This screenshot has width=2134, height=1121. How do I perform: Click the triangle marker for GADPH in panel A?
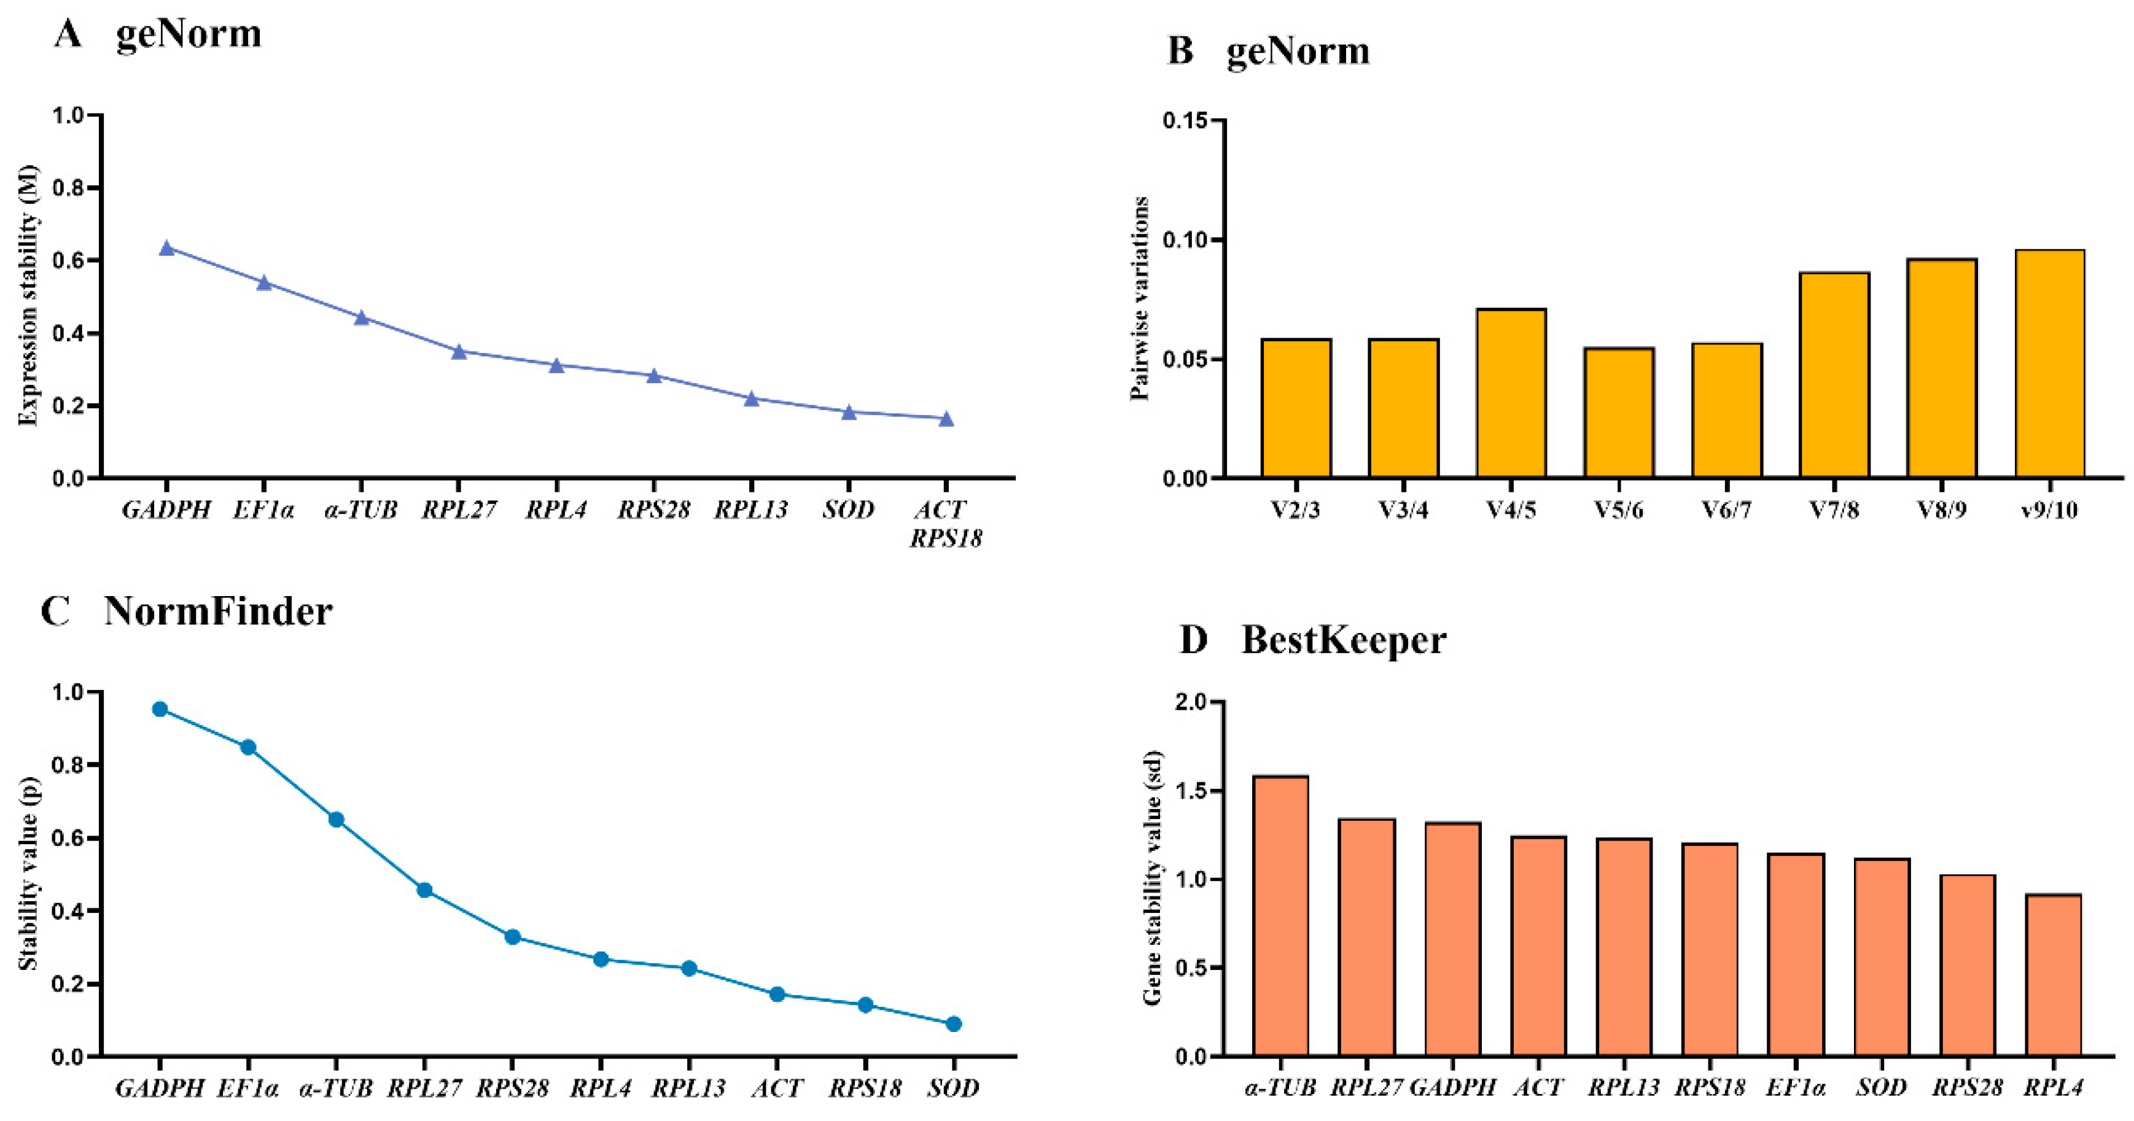[x=166, y=247]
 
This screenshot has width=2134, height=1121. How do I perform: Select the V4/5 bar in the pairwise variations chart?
[x=1511, y=394]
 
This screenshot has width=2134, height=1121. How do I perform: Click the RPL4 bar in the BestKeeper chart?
[x=2053, y=976]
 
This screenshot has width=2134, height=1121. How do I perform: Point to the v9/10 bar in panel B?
[x=2049, y=364]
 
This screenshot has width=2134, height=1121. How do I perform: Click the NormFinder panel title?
[x=218, y=612]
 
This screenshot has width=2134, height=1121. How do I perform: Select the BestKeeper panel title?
[x=1343, y=640]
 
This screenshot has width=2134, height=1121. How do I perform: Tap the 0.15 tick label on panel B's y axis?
[x=1184, y=121]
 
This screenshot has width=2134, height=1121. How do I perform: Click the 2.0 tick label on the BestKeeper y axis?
[x=1191, y=702]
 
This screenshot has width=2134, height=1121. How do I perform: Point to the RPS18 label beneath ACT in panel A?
[x=945, y=539]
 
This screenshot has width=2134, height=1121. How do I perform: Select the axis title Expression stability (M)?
[x=29, y=297]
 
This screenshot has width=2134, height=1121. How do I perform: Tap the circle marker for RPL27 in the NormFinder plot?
[x=424, y=890]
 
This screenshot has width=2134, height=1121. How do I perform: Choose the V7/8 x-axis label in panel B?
[x=1833, y=510]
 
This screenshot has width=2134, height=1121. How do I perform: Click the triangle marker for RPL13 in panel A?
[x=752, y=399]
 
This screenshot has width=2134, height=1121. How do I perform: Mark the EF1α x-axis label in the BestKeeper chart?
[x=1795, y=1087]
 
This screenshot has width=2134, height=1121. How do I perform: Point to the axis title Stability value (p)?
[x=29, y=874]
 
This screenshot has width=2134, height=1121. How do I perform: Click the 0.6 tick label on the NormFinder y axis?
[x=69, y=838]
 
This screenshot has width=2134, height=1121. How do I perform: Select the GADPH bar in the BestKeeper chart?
[x=1452, y=940]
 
